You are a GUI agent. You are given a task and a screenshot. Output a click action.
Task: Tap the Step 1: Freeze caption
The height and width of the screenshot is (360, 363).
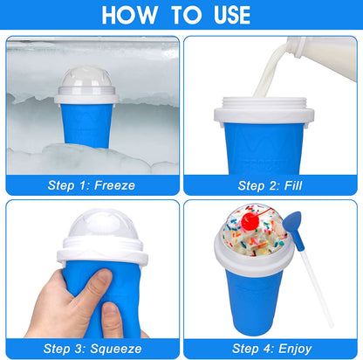click(x=92, y=184)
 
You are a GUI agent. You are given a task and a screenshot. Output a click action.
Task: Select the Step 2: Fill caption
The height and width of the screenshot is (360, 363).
click(x=271, y=184)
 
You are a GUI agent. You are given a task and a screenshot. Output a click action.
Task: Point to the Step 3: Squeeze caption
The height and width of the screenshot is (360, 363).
click(x=92, y=348)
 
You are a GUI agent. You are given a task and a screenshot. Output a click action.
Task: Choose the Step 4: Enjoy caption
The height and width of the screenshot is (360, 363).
click(x=271, y=348)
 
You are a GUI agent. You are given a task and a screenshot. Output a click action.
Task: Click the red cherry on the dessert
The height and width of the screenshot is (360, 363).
click(x=246, y=223)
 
